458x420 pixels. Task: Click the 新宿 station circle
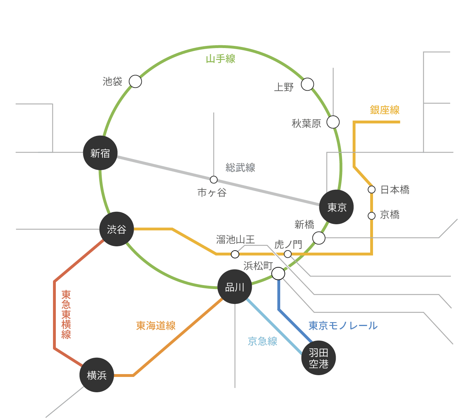(x=100, y=153)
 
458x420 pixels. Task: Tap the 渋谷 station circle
(x=117, y=229)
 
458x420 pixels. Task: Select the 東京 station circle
(x=336, y=207)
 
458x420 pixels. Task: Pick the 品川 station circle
(x=235, y=287)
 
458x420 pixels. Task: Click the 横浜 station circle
(x=97, y=375)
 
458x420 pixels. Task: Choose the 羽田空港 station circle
(x=319, y=358)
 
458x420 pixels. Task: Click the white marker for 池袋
(x=135, y=82)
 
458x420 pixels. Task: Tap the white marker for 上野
(x=308, y=84)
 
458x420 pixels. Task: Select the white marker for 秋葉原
(x=333, y=122)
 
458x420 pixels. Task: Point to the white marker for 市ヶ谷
(x=214, y=180)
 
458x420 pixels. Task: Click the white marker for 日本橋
(x=372, y=189)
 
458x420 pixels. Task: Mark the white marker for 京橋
(x=372, y=216)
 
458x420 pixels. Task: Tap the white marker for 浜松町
(x=278, y=274)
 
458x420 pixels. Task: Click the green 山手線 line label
(x=220, y=59)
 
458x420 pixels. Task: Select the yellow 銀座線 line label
(x=385, y=110)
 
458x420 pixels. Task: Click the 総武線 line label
(x=240, y=168)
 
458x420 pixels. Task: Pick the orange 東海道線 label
(x=156, y=326)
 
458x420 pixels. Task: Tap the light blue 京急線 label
(x=262, y=341)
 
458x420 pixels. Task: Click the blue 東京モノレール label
(x=343, y=326)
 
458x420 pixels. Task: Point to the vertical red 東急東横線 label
(x=66, y=314)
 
